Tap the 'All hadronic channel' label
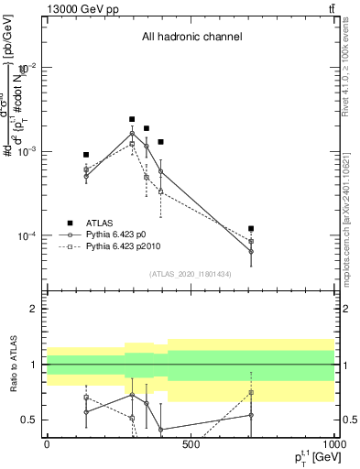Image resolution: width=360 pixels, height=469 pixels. point(191,38)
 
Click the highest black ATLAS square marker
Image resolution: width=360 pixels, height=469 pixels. point(132,119)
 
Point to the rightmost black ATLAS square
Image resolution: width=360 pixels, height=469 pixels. point(251,228)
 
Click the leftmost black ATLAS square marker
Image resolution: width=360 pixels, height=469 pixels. point(86,155)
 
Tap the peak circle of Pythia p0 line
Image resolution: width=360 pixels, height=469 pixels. point(132,134)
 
